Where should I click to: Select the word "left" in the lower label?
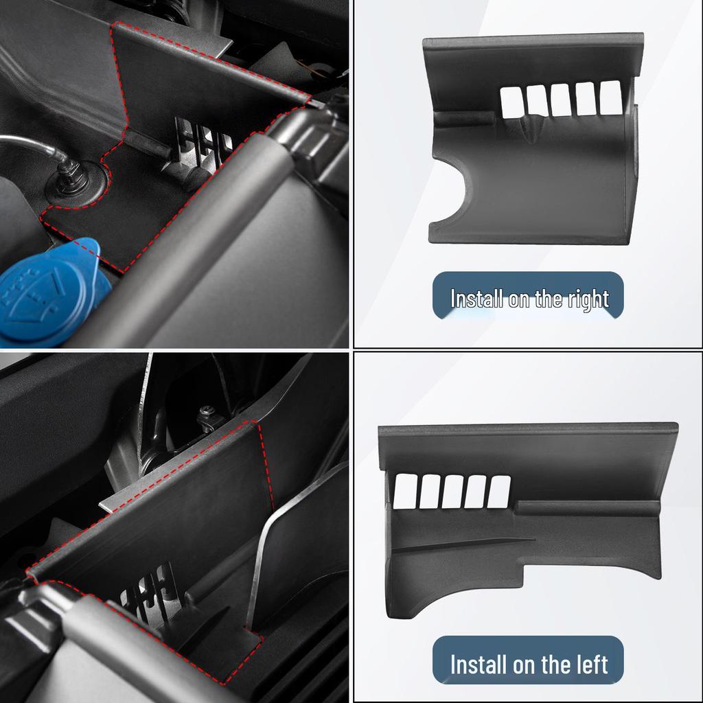591,664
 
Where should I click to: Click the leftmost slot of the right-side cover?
512,103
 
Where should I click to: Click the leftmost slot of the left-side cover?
405,492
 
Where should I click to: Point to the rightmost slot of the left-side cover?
498,492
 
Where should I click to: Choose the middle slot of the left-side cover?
452,492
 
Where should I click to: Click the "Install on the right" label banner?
528,295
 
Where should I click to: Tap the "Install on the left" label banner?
528,660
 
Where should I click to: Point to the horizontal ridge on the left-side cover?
588,508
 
